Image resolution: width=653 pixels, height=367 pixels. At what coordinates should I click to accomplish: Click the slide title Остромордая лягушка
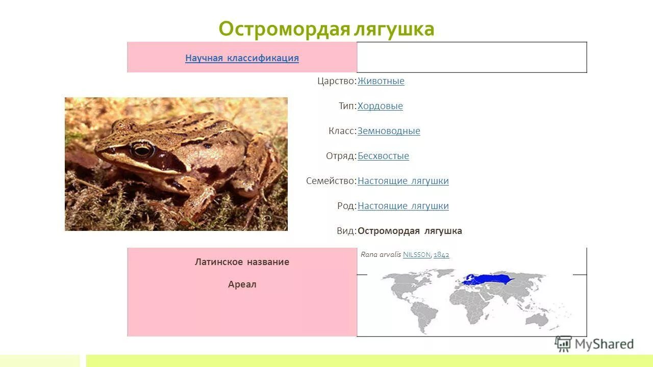[326, 29]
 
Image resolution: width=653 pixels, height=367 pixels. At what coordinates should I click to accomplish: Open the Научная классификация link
[242, 58]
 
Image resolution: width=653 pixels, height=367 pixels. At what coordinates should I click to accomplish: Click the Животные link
[381, 81]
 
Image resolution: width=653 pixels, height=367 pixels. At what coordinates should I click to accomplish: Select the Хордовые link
[380, 106]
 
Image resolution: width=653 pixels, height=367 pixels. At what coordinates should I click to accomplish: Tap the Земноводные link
[389, 131]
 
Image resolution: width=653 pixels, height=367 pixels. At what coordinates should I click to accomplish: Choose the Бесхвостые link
[383, 156]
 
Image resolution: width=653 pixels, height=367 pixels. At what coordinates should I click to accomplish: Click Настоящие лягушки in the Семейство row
[403, 181]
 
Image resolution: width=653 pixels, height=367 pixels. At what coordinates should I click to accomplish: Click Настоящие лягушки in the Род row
[403, 206]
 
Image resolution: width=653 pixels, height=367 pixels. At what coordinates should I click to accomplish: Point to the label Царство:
[336, 81]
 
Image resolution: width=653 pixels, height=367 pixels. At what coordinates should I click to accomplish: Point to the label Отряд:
[341, 156]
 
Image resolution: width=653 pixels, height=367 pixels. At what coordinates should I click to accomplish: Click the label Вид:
[346, 231]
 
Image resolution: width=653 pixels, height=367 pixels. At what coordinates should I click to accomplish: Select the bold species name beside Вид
[410, 231]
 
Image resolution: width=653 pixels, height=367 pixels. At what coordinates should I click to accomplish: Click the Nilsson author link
[417, 255]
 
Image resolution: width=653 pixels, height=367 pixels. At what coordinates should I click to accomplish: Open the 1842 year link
[441, 255]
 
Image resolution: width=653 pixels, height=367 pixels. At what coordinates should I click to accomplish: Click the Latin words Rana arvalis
[381, 254]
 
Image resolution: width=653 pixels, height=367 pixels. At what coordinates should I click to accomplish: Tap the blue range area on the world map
[490, 279]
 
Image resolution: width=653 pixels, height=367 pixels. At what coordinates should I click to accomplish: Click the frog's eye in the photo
[141, 150]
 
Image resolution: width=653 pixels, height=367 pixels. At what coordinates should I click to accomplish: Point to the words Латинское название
[242, 262]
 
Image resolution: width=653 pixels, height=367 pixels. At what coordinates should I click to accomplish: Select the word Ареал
[242, 284]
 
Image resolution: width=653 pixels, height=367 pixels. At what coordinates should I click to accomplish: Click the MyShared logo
[595, 344]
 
